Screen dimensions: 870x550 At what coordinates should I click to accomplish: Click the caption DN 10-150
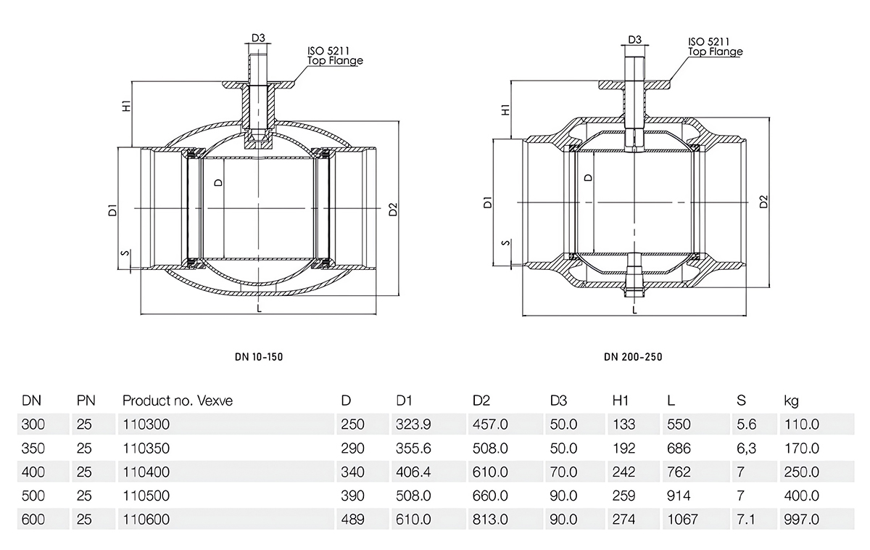[259, 357]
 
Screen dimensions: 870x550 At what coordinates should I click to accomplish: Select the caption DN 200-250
[633, 357]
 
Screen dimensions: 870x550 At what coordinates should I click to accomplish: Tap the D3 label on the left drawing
[258, 38]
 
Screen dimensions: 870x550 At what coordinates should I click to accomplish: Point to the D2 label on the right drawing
[763, 202]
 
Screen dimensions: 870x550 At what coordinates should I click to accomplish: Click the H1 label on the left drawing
[127, 106]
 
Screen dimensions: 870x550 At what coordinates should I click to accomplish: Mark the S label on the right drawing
[505, 243]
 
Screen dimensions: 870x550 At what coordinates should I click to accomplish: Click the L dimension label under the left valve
[259, 308]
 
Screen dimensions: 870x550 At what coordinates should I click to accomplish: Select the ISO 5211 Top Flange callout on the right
[715, 46]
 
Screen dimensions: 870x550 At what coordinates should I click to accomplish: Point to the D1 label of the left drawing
[112, 210]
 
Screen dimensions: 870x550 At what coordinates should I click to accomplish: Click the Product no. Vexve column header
[178, 401]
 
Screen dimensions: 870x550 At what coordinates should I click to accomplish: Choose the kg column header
[791, 401]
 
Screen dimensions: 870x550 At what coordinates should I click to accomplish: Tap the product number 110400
[146, 472]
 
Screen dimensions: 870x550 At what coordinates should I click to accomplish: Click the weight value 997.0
[801, 520]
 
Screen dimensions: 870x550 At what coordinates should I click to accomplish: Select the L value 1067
[682, 520]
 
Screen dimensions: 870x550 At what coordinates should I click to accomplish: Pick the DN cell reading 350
[33, 448]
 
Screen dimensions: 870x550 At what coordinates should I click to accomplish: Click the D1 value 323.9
[413, 424]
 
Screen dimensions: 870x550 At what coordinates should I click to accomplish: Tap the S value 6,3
[746, 448]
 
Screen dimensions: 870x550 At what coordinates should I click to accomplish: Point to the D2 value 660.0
[490, 496]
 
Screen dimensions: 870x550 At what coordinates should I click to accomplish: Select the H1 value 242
[623, 472]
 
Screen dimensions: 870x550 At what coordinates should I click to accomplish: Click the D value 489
[352, 520]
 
